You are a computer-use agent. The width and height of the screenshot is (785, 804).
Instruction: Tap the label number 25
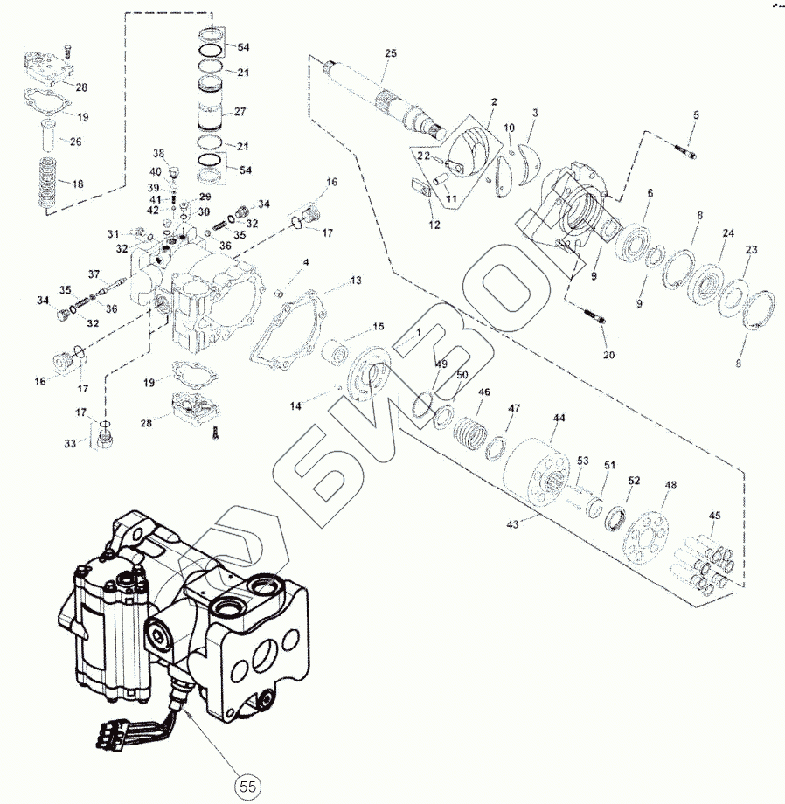[390, 54]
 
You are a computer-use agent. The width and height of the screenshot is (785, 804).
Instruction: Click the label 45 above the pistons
[714, 516]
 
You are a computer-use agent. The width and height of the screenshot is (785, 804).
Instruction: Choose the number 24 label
[727, 233]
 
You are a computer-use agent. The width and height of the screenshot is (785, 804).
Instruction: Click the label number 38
[158, 153]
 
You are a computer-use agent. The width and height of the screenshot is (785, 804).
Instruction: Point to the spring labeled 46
[474, 431]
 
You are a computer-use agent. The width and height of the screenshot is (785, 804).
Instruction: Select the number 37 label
[94, 274]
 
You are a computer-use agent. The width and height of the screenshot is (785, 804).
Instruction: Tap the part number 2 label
[494, 102]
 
